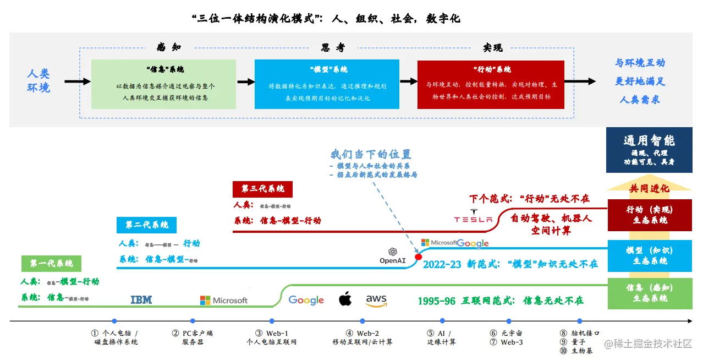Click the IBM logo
[141, 300]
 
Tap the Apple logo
[345, 299]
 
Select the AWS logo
[376, 300]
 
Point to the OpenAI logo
[393, 256]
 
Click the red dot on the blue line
[418, 257]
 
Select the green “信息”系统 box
[163, 84]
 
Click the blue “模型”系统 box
[327, 84]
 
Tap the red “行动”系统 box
[491, 84]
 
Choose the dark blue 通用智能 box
[649, 150]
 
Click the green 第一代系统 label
[51, 264]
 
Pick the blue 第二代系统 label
[146, 225]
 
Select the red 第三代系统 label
[262, 189]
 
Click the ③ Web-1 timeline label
[272, 337]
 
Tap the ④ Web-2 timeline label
[362, 337]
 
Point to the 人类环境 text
[39, 81]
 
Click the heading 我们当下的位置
[371, 154]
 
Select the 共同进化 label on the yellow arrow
[649, 188]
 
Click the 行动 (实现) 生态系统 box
[649, 215]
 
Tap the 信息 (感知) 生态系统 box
[649, 293]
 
